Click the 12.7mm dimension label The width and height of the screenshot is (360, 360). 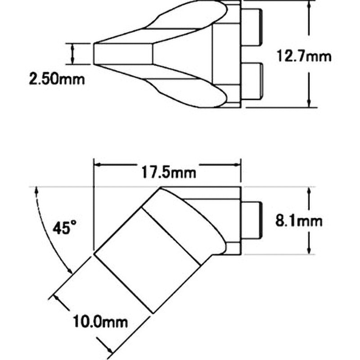point(304,56)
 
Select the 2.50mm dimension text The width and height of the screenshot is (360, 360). point(57,79)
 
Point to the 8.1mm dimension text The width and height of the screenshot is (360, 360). point(299,221)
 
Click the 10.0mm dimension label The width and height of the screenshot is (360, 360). point(100,321)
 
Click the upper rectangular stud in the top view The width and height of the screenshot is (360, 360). point(252,27)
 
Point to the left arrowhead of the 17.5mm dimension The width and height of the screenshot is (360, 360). point(99,165)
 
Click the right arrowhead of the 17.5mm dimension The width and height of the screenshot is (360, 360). point(236,165)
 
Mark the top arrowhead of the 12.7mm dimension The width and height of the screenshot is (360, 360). point(309,4)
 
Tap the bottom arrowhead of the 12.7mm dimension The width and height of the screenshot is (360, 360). point(309,103)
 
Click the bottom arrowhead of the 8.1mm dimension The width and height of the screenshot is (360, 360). point(309,250)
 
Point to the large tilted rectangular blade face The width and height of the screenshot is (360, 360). point(148,261)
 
